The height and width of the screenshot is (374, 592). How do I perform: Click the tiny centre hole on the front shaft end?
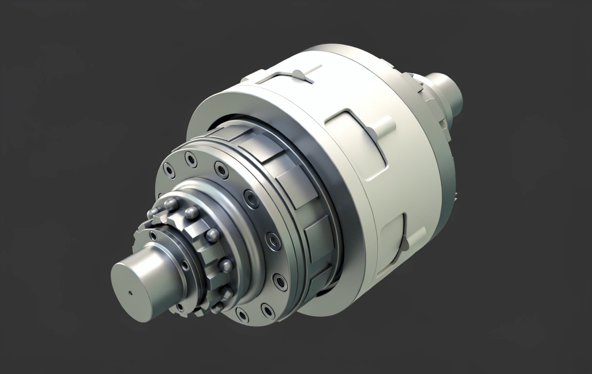pos(130,293)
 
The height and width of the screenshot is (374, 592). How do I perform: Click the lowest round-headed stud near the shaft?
pos(217,307)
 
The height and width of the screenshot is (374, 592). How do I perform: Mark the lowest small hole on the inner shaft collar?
pos(180,307)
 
